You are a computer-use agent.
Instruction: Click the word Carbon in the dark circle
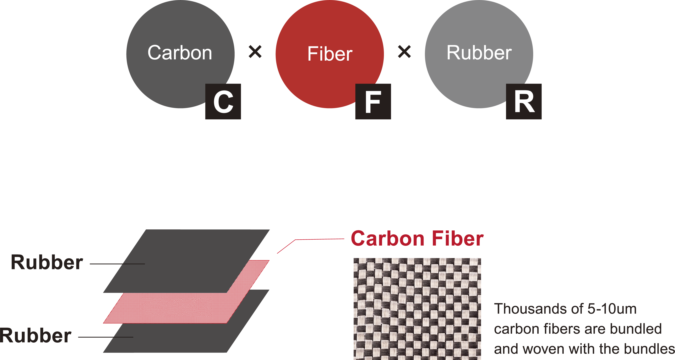point(180,53)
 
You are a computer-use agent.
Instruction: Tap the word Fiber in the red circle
point(330,54)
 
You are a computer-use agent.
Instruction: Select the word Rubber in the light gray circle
point(479,53)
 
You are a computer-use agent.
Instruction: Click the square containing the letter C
point(223,102)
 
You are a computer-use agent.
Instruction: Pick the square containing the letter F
point(373,102)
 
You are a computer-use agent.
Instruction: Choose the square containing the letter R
point(524,102)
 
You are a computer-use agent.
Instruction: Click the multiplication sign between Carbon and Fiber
point(255,52)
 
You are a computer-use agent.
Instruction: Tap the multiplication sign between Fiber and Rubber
point(404,52)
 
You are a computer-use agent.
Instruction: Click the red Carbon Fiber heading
point(417,239)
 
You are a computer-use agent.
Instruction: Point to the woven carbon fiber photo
point(417,309)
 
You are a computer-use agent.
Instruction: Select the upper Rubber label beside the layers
point(47,262)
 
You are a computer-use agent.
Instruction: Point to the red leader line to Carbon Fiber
point(309,239)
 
